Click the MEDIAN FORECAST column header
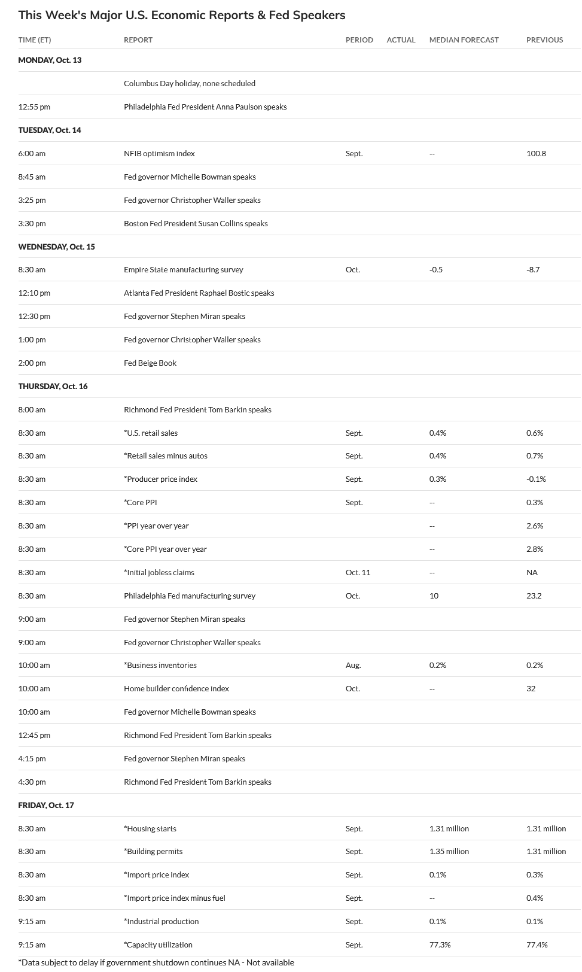point(464,40)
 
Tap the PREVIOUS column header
point(544,40)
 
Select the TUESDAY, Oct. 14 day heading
point(50,130)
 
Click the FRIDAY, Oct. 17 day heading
point(46,805)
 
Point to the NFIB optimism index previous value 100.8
point(536,153)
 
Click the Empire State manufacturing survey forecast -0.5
point(436,269)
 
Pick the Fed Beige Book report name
point(150,363)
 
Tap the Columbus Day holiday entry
point(190,83)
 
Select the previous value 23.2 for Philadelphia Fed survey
point(534,596)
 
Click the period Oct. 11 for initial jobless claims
point(358,572)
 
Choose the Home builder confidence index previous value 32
point(531,688)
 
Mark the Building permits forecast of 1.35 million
point(449,851)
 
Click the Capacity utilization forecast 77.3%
point(440,944)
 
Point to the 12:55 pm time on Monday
point(34,107)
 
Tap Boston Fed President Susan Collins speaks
point(196,223)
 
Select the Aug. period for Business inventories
point(353,665)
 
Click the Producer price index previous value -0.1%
point(536,479)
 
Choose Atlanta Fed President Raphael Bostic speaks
point(199,293)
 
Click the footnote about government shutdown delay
point(156,962)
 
